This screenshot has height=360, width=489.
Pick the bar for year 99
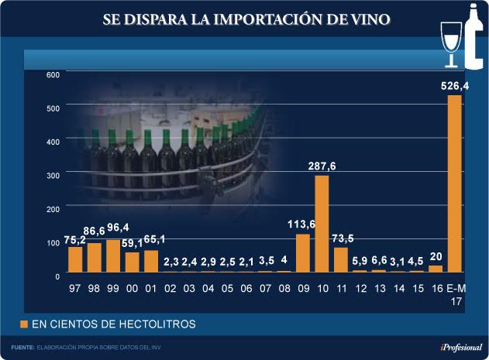click(x=113, y=255)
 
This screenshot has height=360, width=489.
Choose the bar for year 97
click(x=75, y=259)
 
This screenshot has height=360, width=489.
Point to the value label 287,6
click(x=322, y=166)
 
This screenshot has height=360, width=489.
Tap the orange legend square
click(x=24, y=322)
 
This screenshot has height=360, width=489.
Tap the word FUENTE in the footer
click(x=22, y=347)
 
